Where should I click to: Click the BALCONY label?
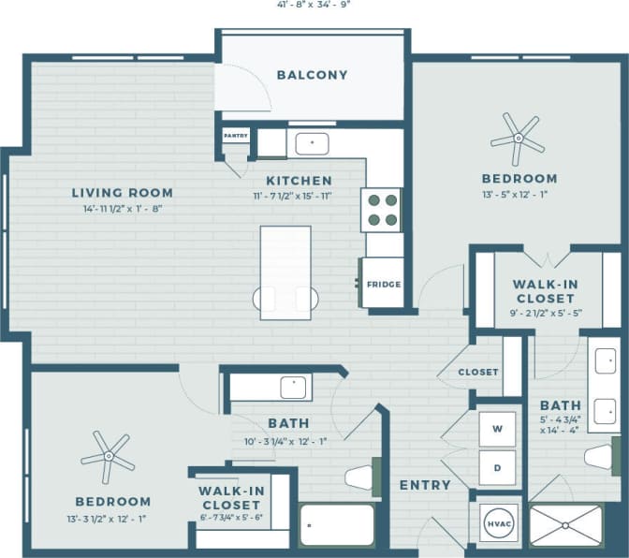tap(312, 75)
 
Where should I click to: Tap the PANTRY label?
tap(234, 136)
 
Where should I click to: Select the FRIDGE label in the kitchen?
tap(384, 284)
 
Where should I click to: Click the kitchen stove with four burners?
tap(382, 210)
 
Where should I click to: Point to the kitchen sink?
tap(311, 143)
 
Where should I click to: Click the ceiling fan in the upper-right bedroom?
tap(517, 139)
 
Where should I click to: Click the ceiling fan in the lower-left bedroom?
tap(109, 457)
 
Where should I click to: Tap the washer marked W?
tap(498, 429)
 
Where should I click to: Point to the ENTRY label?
tap(424, 485)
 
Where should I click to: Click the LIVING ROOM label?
tap(122, 193)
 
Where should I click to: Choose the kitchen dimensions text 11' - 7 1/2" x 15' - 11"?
tap(299, 197)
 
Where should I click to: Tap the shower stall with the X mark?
tap(566, 525)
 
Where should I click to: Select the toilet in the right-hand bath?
tap(599, 457)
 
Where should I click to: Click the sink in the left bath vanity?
tap(294, 384)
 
